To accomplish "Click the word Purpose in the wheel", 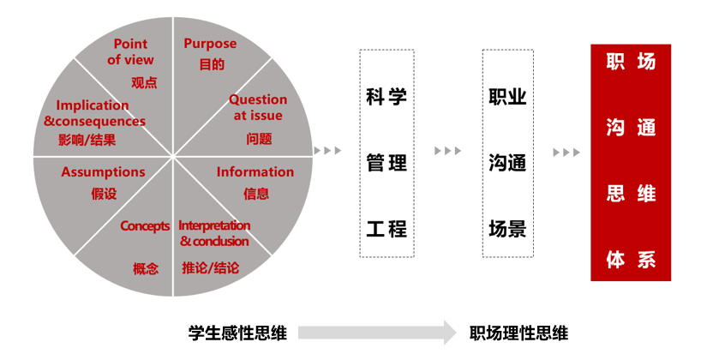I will [210, 44].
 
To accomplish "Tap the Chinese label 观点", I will [144, 83].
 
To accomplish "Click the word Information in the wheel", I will [255, 171].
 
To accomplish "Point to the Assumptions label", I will [103, 172].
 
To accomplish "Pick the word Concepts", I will [145, 226].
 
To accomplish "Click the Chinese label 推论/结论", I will [210, 267].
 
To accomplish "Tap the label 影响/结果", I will [87, 140].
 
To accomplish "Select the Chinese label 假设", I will [104, 194].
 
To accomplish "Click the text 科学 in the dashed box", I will [386, 96].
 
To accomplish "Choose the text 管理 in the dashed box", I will [386, 162].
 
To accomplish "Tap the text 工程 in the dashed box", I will [386, 228].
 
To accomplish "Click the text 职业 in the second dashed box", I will [507, 96].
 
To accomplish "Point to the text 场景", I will [507, 228].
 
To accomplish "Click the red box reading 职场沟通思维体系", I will [631, 162].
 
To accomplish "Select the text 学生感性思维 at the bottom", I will [237, 333].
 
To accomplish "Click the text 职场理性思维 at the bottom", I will [519, 333].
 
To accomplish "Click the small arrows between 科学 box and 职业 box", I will [447, 152].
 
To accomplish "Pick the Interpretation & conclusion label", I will [214, 233].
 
